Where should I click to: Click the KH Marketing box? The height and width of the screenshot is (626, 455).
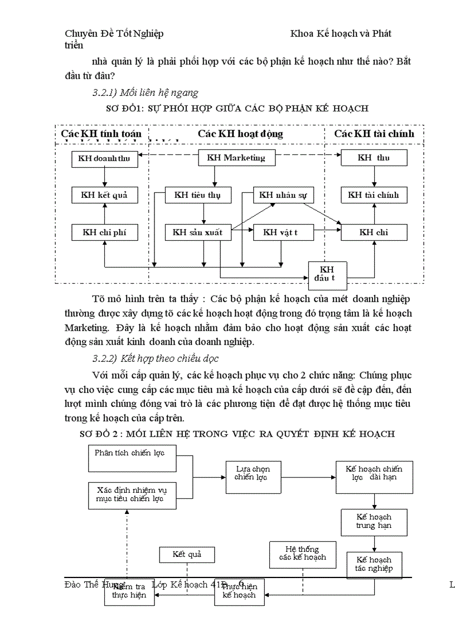[236, 158]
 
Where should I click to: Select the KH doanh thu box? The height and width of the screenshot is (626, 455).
[104, 158]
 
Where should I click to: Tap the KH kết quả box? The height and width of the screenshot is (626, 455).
[104, 195]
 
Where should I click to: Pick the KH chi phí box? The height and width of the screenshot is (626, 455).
[104, 232]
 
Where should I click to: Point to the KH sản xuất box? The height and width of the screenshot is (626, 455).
[197, 232]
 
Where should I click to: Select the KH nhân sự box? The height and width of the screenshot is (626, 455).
[283, 195]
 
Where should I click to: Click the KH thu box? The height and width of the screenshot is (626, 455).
[374, 158]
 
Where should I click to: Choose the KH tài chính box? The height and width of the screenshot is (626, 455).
[374, 195]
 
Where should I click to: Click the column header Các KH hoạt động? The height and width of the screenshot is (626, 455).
[240, 134]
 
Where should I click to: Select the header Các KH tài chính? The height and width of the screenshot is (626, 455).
[374, 134]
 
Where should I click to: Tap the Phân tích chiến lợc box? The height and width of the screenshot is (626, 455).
[132, 457]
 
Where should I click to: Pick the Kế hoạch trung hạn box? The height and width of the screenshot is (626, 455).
[374, 522]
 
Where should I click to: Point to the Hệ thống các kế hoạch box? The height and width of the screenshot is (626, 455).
[302, 554]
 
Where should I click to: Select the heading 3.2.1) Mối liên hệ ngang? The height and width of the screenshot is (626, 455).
[145, 92]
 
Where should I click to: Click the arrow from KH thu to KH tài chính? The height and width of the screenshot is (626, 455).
[374, 176]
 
